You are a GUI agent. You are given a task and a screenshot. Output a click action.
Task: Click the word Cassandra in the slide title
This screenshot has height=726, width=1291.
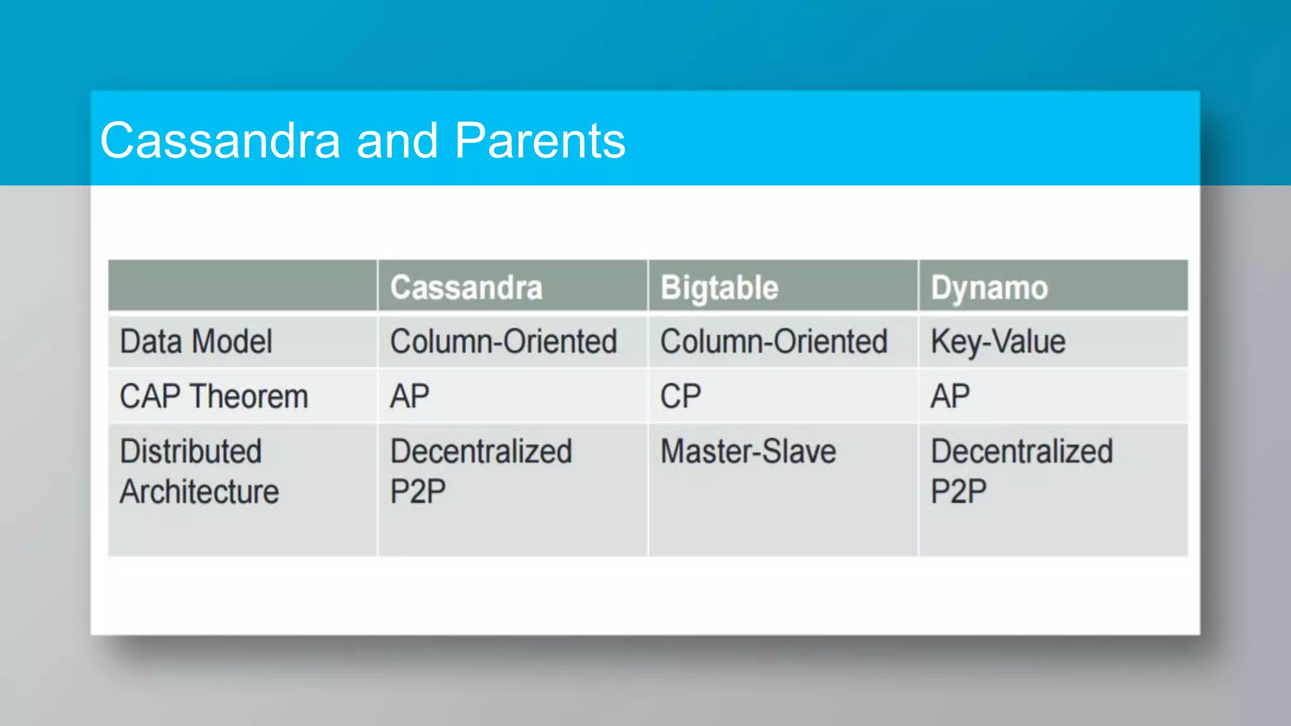click(x=220, y=141)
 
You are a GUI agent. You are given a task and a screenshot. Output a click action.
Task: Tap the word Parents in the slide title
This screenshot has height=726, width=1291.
click(x=540, y=141)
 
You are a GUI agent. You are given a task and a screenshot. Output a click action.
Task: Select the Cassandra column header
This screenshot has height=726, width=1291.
click(x=466, y=287)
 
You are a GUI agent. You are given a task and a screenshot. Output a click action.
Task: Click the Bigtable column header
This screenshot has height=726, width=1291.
click(x=719, y=287)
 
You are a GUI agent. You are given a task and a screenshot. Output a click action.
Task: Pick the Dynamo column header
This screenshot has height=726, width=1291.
click(x=989, y=287)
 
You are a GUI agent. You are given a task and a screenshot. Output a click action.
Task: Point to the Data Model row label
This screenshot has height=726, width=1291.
click(x=196, y=342)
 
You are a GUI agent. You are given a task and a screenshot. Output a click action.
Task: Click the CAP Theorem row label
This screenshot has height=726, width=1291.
click(x=214, y=396)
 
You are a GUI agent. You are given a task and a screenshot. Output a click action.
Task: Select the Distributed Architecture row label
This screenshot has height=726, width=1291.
click(x=199, y=471)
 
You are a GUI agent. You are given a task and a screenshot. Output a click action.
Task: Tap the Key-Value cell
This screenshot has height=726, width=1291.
click(x=998, y=342)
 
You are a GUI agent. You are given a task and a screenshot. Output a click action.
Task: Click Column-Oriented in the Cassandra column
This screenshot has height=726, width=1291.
click(x=503, y=342)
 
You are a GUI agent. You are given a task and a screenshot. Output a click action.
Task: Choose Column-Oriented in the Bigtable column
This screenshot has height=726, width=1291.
click(x=773, y=342)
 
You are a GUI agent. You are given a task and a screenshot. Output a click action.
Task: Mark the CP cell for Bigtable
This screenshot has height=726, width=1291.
click(x=680, y=396)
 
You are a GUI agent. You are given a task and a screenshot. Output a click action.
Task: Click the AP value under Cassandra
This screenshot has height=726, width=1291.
click(x=410, y=396)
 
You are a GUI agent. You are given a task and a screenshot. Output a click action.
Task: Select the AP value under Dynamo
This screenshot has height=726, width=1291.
click(x=950, y=396)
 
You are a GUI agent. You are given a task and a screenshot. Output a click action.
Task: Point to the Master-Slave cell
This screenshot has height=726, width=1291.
click(x=748, y=451)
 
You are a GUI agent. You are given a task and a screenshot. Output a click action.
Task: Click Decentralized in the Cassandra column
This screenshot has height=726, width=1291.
click(x=481, y=451)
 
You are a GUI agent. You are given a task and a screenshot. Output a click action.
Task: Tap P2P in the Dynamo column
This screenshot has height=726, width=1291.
click(x=958, y=492)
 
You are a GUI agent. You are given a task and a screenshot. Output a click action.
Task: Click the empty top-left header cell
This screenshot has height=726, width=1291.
click(x=243, y=285)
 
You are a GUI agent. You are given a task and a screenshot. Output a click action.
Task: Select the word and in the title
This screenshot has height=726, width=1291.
click(x=397, y=141)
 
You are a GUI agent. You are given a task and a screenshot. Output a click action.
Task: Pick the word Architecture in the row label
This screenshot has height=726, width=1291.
click(x=199, y=492)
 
